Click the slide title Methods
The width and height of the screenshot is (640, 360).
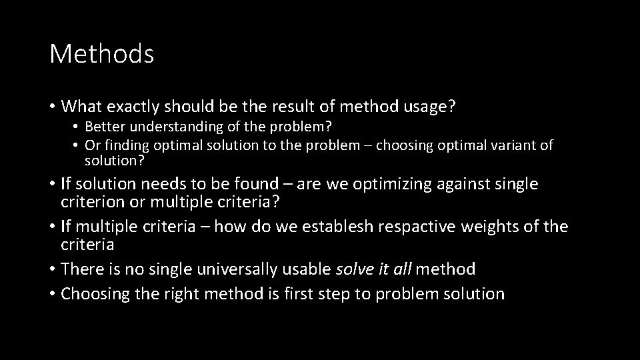tap(101, 54)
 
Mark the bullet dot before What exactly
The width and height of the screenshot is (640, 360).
tap(52, 106)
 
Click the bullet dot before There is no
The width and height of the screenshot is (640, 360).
tap(52, 270)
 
